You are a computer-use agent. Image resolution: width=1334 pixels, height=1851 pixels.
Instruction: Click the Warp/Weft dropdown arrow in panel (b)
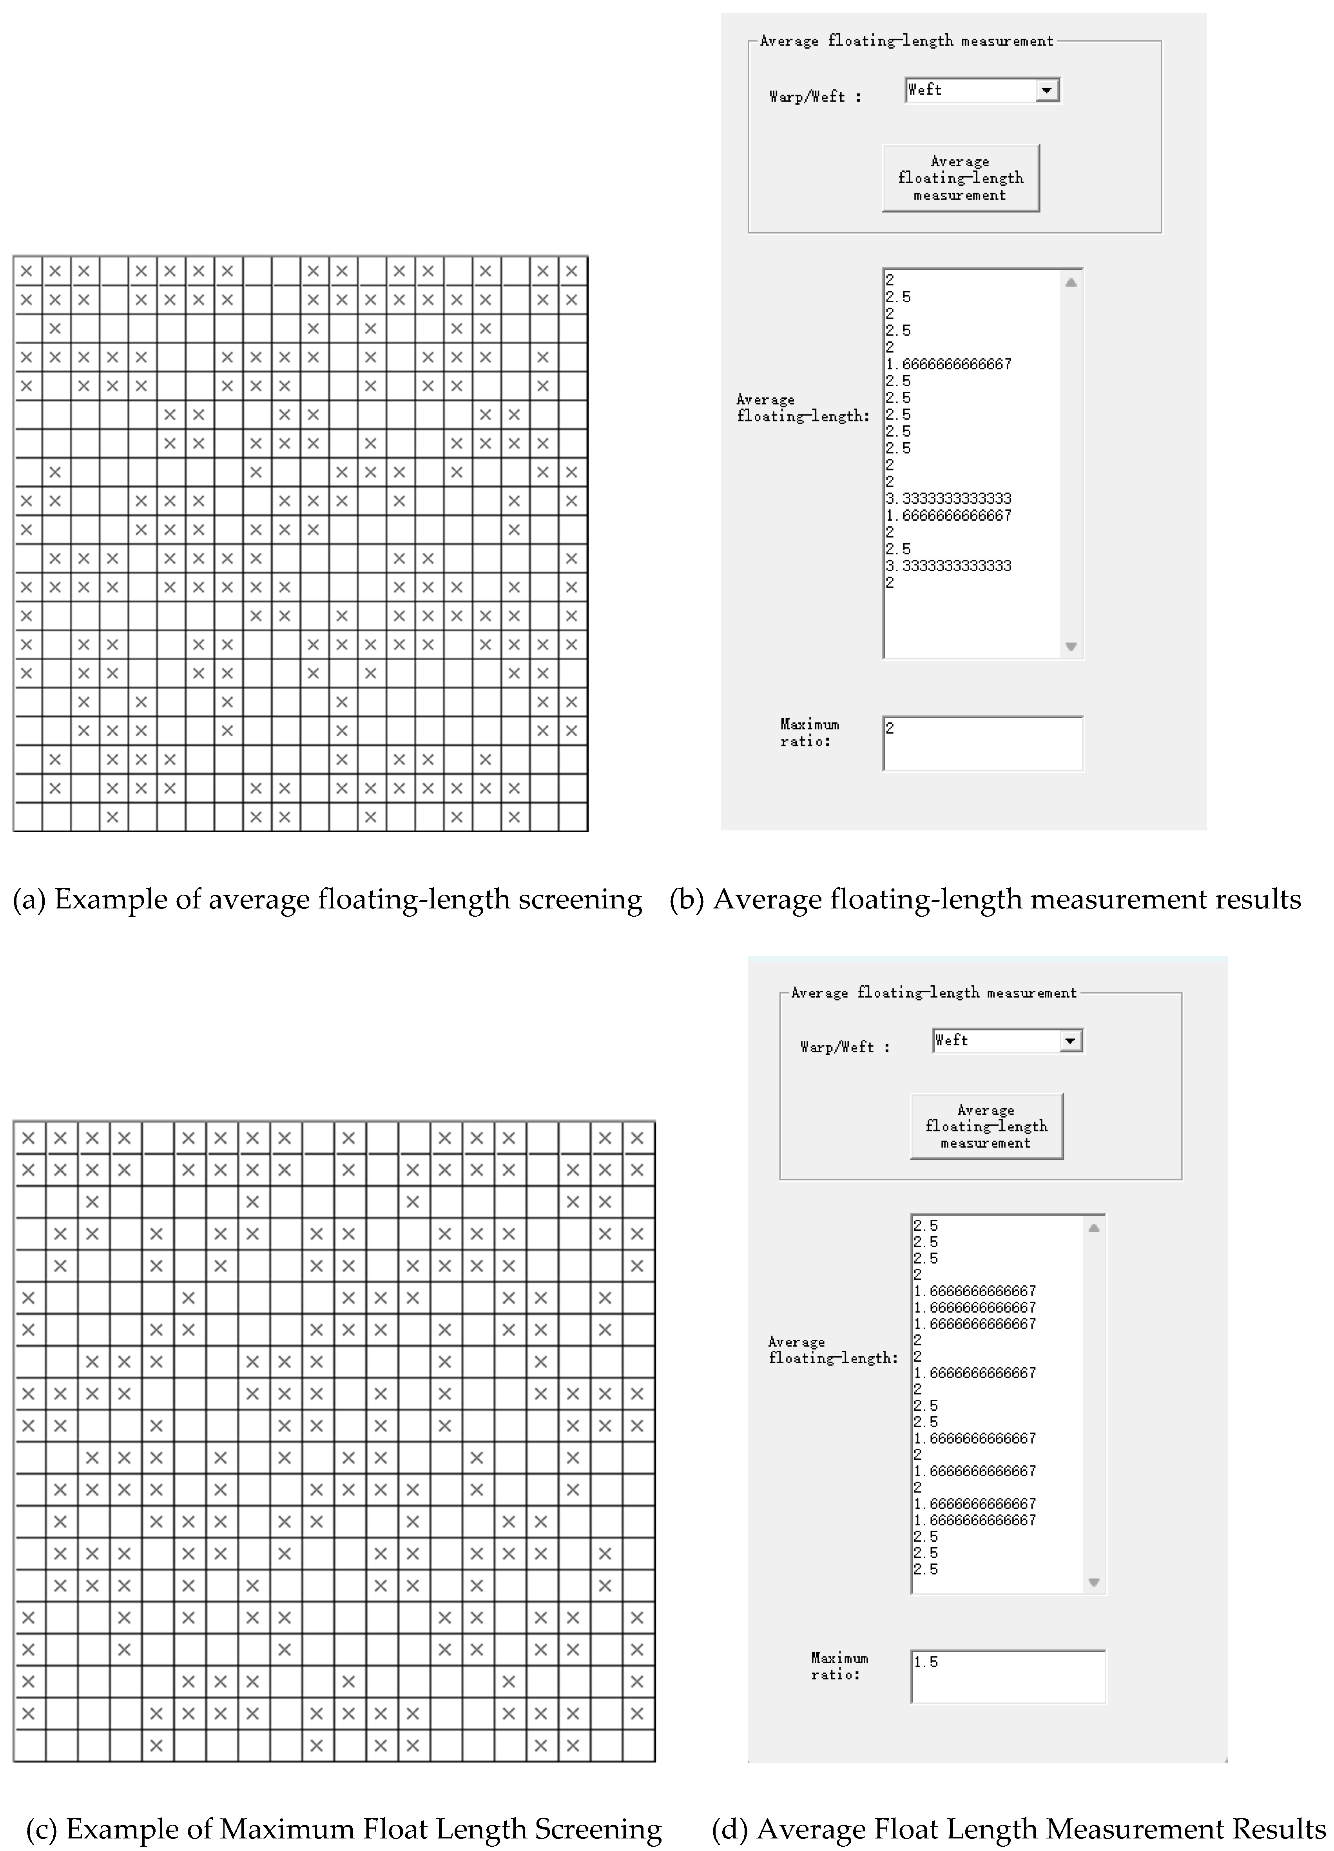(x=1047, y=91)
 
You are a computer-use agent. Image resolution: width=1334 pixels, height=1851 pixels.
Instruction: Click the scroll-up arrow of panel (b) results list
(x=1071, y=282)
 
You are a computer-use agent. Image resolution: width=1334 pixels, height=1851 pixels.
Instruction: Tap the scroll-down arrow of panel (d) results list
(x=1094, y=1582)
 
